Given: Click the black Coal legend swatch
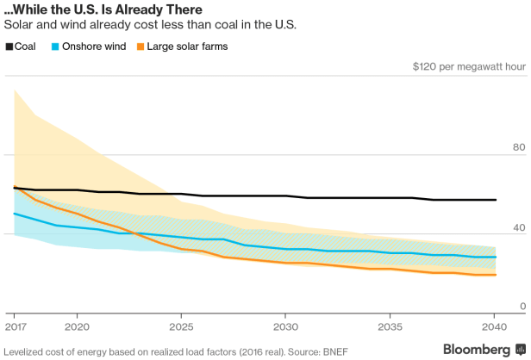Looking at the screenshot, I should click(9, 46).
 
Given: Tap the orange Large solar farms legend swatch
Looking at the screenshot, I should click(142, 46).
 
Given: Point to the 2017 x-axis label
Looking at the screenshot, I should click(15, 328).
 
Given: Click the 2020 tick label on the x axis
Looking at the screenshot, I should click(77, 328).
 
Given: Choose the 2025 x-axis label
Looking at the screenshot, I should click(182, 328).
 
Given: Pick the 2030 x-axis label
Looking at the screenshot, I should click(285, 328).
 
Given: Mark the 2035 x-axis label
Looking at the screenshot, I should click(390, 328).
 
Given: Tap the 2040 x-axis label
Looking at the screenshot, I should click(494, 328).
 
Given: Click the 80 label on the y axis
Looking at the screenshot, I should click(519, 148).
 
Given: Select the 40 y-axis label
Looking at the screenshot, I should click(519, 227).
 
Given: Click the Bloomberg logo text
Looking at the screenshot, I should click(476, 349).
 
